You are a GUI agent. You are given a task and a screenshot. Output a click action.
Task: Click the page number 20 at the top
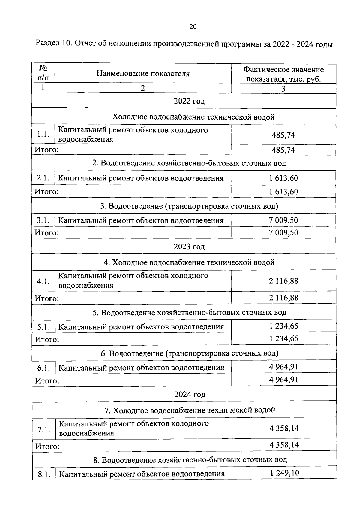(x=193, y=27)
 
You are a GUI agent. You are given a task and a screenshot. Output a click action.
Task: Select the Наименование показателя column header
(x=143, y=74)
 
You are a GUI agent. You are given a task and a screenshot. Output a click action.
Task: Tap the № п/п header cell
(x=43, y=73)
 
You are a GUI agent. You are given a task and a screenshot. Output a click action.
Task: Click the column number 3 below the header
(x=283, y=88)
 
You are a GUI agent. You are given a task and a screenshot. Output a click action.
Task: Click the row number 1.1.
(x=43, y=135)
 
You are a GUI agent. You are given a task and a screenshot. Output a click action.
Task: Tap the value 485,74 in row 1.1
(x=283, y=135)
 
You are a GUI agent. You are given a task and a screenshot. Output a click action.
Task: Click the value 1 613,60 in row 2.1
(x=283, y=178)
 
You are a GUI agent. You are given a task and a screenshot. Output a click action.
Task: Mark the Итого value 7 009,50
(x=283, y=232)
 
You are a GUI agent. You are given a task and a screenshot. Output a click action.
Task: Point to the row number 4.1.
(x=43, y=281)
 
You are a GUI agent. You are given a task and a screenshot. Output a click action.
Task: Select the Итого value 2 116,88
(x=283, y=298)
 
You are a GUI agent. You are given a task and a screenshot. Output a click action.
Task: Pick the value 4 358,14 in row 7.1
(x=284, y=428)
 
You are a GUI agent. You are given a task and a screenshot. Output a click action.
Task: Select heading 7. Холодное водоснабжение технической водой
(x=190, y=410)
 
